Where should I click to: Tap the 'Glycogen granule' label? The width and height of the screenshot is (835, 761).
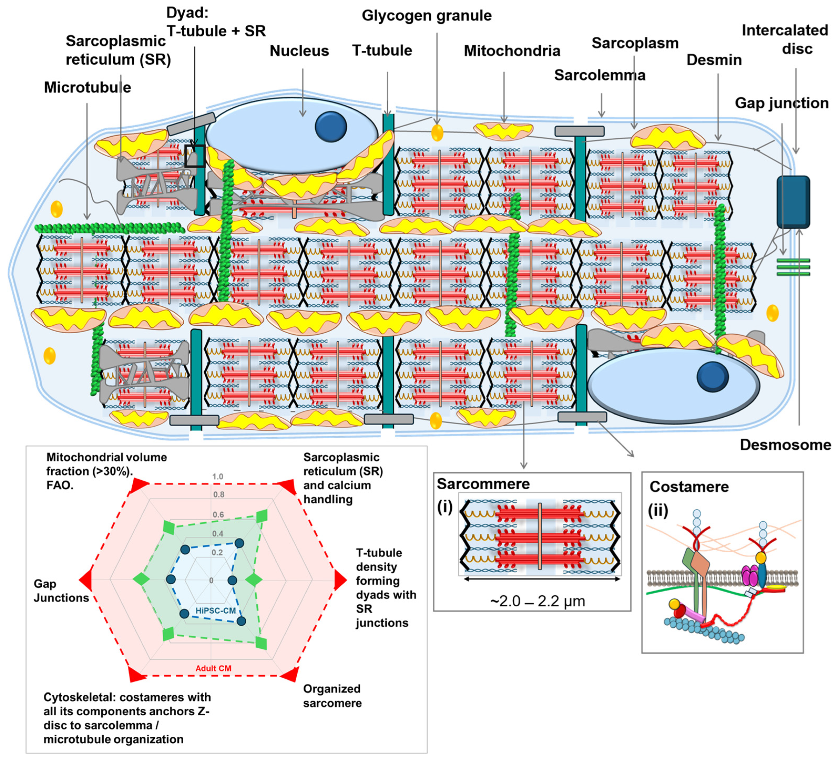(427, 16)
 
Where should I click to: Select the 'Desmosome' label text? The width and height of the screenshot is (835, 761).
(785, 445)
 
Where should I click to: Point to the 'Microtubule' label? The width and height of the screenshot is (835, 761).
(87, 87)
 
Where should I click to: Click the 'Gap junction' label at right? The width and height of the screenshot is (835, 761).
(781, 103)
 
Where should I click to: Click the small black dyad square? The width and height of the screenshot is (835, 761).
(194, 156)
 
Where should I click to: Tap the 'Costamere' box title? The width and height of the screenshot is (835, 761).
(689, 487)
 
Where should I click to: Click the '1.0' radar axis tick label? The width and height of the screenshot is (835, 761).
(217, 477)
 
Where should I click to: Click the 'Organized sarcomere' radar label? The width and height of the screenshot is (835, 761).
(332, 696)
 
